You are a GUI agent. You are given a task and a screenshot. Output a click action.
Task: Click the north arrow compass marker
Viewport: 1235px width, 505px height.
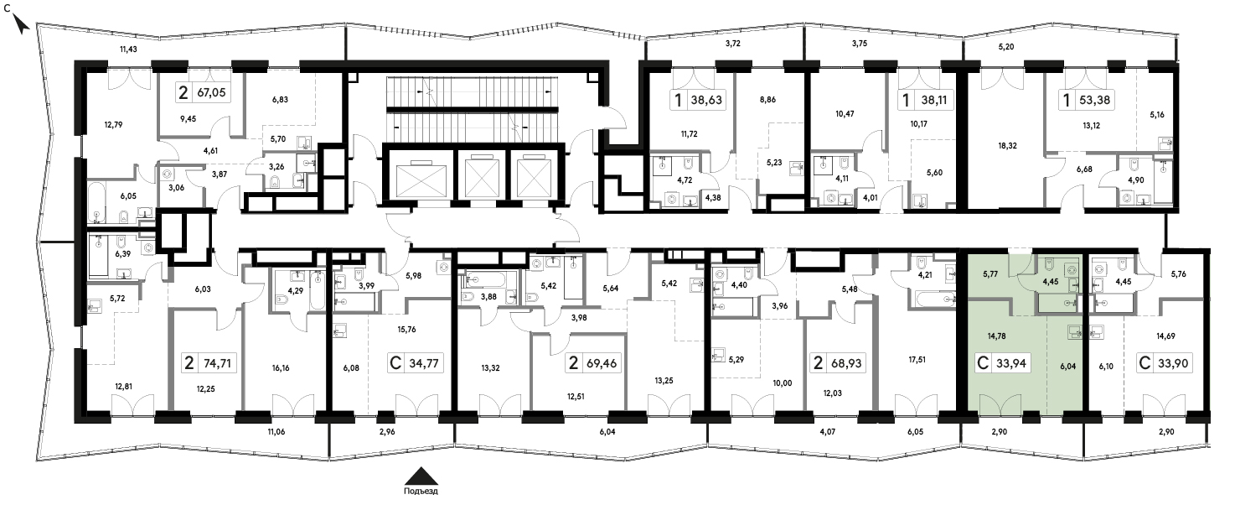(21, 25)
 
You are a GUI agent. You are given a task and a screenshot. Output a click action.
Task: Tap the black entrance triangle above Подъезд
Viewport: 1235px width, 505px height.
(421, 476)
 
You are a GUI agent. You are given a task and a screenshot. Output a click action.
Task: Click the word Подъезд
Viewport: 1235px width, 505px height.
(421, 491)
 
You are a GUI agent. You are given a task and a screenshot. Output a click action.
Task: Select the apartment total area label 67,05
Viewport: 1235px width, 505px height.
(211, 93)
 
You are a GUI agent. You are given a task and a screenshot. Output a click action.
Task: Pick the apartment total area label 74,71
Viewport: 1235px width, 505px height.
(217, 364)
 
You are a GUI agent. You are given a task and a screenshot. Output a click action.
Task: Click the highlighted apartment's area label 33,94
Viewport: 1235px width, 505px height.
(1011, 364)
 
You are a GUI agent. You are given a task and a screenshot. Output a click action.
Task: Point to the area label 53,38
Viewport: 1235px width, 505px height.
(1095, 101)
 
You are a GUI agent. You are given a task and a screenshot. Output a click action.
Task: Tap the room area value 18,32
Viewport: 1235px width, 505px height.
(1007, 146)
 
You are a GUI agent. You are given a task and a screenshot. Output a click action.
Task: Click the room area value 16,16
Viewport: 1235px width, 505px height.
(280, 368)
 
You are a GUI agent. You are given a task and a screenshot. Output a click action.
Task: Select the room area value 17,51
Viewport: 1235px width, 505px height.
(917, 360)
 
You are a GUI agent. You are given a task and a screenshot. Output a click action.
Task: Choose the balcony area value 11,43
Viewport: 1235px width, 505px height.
(128, 49)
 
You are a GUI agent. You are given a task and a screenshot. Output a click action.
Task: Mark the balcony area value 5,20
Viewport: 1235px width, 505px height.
(1006, 47)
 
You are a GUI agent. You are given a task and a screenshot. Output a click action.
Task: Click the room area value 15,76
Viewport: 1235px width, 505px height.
(406, 330)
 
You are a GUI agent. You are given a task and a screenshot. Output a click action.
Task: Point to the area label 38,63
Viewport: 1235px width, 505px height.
(706, 101)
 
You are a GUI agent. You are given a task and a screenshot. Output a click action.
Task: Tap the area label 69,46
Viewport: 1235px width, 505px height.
(602, 364)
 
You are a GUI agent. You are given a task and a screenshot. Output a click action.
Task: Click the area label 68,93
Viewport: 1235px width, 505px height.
(845, 364)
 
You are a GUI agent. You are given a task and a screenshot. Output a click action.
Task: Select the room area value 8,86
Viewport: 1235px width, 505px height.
(767, 100)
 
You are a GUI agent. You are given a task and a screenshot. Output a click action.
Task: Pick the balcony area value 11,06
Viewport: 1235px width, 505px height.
(276, 432)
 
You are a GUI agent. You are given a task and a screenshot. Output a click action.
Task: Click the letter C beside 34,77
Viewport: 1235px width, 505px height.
(395, 364)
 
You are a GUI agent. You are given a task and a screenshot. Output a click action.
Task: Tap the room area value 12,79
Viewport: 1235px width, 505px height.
(113, 125)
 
